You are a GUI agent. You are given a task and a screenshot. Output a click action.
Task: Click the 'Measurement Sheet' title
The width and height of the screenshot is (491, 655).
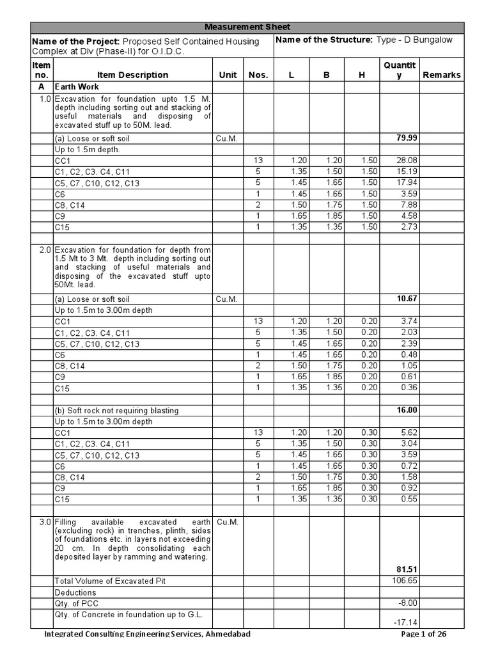[247, 27]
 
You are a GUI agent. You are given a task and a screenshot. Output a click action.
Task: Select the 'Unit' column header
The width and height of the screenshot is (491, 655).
[228, 75]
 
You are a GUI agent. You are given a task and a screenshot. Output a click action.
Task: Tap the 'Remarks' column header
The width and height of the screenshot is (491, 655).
[441, 75]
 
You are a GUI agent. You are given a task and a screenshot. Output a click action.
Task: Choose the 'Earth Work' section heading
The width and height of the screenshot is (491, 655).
[77, 86]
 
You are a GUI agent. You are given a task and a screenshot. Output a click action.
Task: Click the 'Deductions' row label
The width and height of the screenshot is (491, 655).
[75, 592]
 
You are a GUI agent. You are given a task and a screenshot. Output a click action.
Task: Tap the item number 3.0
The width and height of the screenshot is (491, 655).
[44, 522]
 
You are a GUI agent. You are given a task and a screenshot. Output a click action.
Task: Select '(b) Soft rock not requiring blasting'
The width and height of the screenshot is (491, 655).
[116, 410]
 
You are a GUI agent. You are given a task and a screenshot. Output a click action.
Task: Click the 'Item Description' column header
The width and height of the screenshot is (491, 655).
[132, 75]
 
